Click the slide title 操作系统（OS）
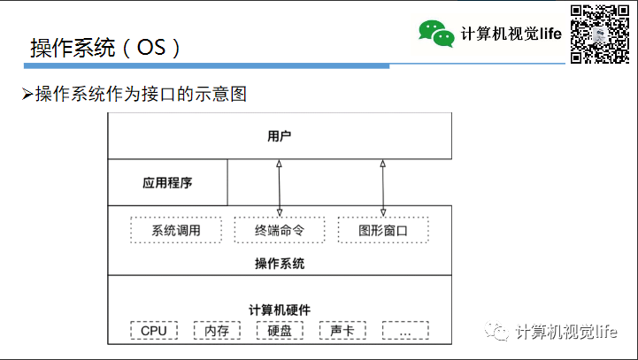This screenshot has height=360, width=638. [106, 48]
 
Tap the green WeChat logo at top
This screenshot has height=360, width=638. [436, 33]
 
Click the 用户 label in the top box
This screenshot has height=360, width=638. [280, 136]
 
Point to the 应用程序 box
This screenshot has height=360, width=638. [167, 184]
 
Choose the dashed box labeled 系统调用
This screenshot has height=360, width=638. [175, 230]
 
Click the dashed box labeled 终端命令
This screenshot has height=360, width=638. [280, 230]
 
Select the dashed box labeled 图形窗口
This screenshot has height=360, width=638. [383, 230]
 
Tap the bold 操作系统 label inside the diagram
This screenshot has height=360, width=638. [280, 263]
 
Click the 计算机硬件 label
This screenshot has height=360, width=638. [280, 309]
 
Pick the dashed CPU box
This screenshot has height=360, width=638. [154, 331]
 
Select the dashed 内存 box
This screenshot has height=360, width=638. [217, 331]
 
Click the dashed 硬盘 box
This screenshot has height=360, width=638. [280, 331]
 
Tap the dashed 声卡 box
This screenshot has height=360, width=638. [342, 331]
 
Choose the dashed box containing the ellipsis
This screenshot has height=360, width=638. [406, 331]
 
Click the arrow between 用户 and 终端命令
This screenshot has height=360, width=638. [280, 188]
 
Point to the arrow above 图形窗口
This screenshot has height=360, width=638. [383, 188]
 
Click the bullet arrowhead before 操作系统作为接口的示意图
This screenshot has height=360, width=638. [27, 93]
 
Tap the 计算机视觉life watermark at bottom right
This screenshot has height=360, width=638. [565, 332]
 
